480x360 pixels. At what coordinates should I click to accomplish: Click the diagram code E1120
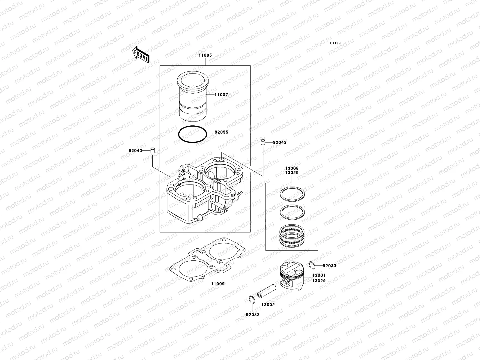pos(335,43)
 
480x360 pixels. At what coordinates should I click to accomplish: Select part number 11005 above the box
pos(205,55)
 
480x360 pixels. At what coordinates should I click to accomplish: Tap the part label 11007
pos(221,95)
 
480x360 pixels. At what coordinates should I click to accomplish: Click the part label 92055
pos(221,132)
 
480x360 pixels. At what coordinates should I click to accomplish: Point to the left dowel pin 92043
pos(152,150)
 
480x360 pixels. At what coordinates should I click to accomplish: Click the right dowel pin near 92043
pos(263,142)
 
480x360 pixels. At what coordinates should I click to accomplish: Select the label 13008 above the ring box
pos(292,169)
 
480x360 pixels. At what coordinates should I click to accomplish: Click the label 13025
pos(292,173)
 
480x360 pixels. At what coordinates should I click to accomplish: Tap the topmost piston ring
pos(292,193)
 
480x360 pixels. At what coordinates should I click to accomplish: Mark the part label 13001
pos(319,275)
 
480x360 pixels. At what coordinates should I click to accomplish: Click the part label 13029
pos(319,281)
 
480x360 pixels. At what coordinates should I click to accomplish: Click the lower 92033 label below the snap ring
pos(253,315)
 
